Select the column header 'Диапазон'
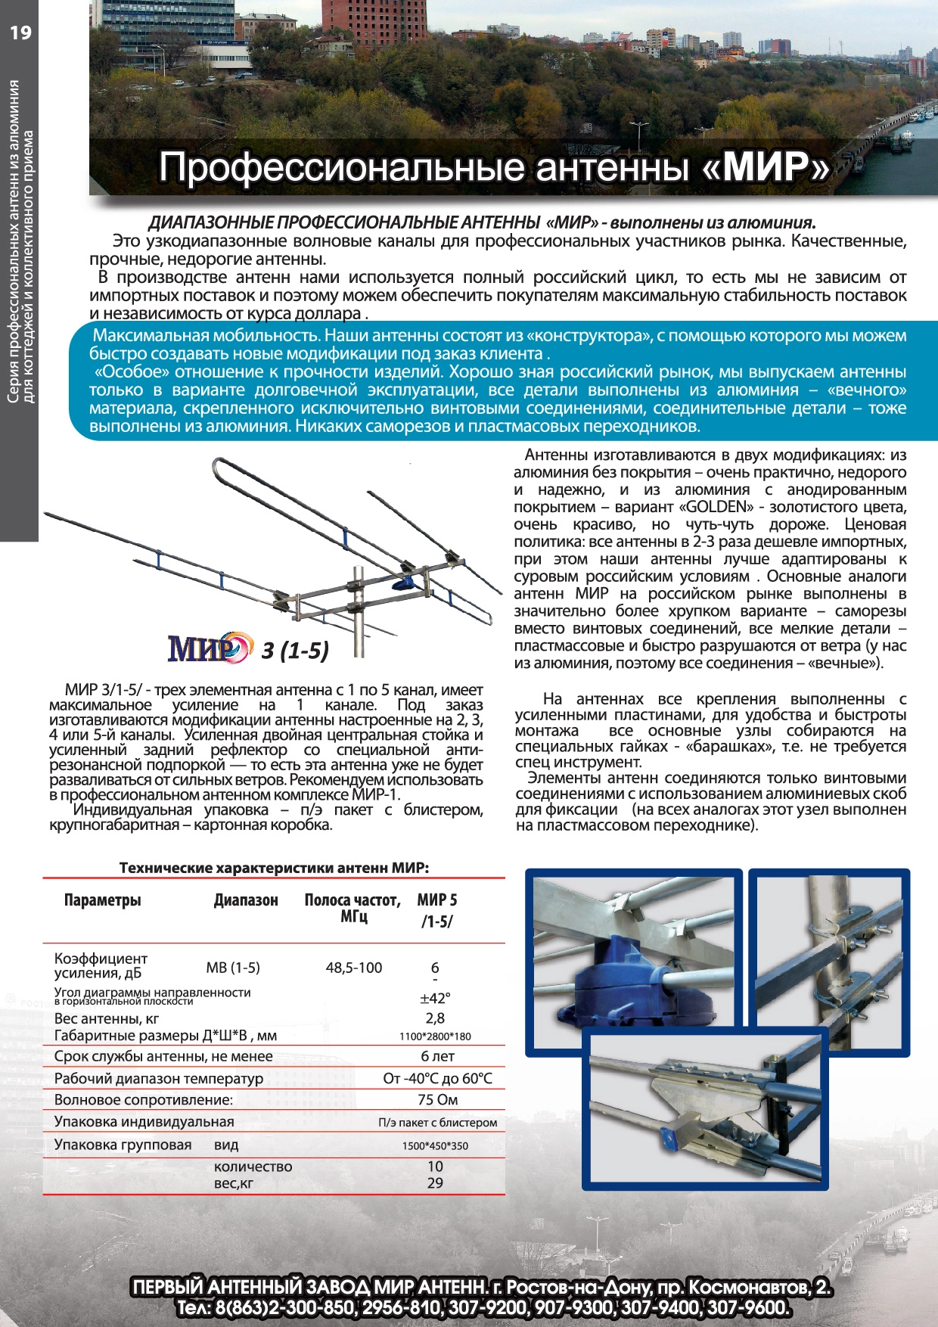[246, 900]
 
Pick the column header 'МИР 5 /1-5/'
[437, 910]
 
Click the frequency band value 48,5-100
[354, 968]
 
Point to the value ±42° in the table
[435, 998]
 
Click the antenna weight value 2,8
[435, 1018]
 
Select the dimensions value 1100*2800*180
[435, 1036]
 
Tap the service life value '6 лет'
[437, 1056]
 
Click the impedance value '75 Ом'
[437, 1100]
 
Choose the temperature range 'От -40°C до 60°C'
[437, 1078]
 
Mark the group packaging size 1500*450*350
[435, 1145]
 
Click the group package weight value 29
[435, 1183]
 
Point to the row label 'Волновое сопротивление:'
[144, 1100]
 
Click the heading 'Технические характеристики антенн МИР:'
[274, 868]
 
